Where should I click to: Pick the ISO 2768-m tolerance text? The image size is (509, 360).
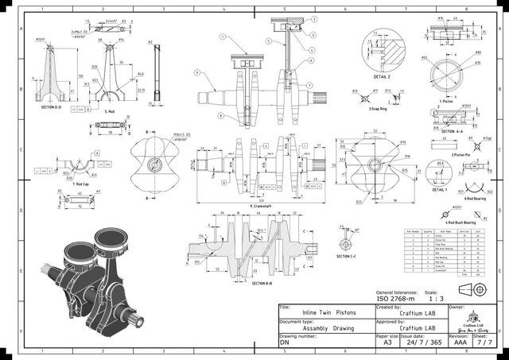(398, 299)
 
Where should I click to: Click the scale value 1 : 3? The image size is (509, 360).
(434, 299)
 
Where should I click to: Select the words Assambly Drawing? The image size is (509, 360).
(321, 328)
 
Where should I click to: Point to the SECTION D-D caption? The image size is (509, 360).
(52, 106)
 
